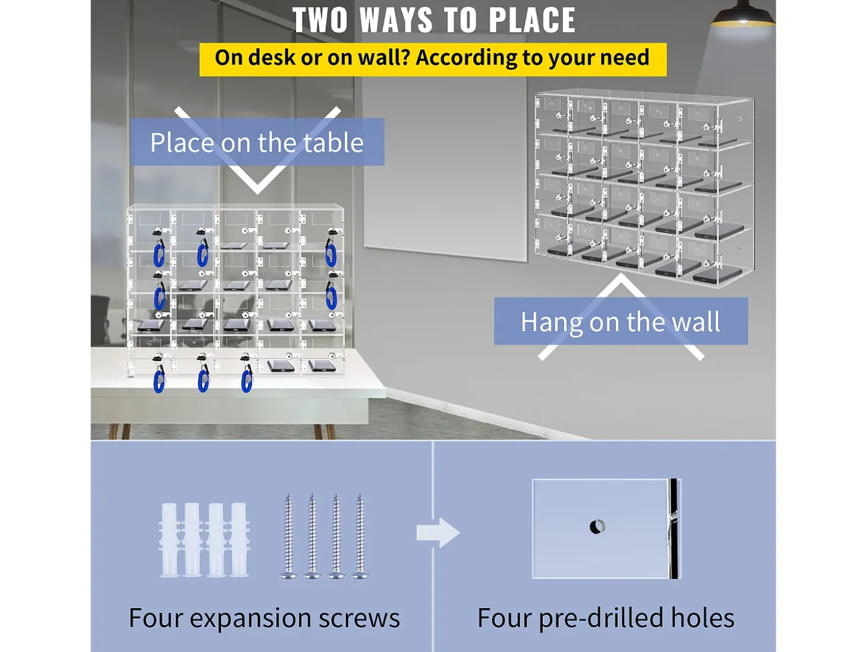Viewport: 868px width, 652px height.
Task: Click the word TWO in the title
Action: point(320,20)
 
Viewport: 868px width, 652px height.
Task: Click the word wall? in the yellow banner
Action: point(383,58)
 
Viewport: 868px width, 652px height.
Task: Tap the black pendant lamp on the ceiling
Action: point(743,14)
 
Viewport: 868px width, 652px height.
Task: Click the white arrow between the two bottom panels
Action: point(438,533)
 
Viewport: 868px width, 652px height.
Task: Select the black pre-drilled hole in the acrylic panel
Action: point(597,527)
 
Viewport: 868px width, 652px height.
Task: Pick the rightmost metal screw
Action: point(360,536)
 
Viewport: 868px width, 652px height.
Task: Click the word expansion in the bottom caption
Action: point(250,619)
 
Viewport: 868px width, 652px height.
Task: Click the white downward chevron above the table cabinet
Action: point(257,151)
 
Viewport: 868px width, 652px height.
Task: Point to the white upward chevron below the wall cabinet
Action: point(621,316)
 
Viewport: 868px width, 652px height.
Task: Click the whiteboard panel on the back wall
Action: point(446,166)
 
